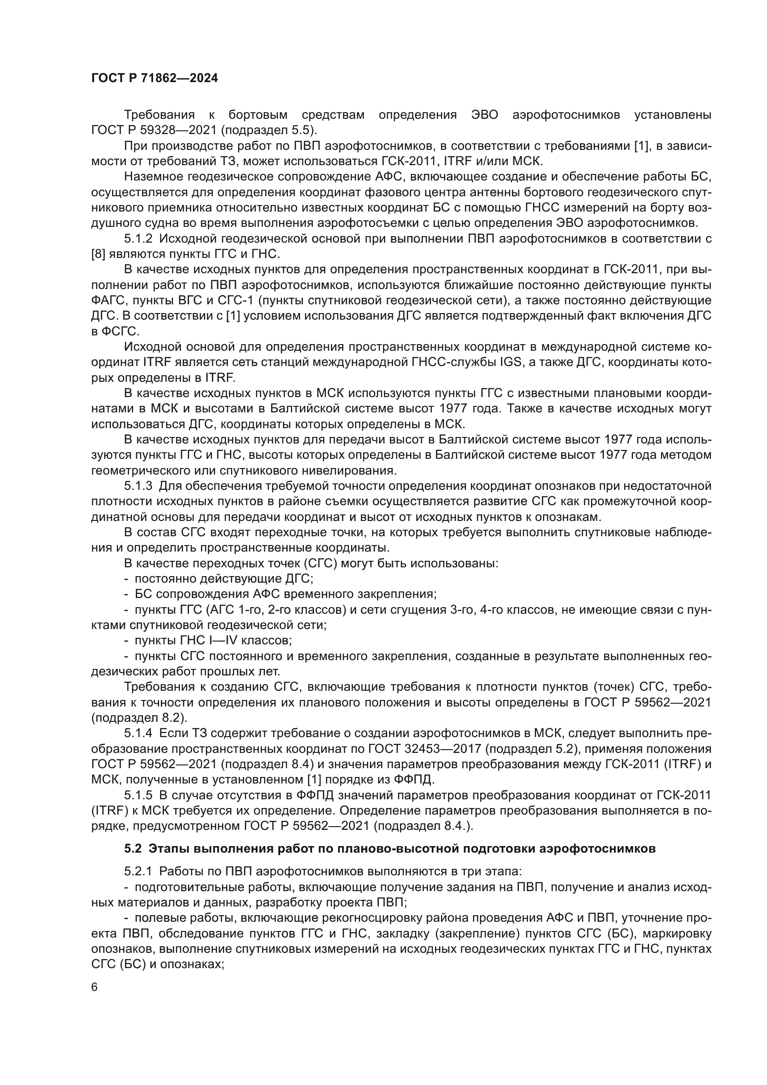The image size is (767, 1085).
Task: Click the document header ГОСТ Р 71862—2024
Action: tap(154, 78)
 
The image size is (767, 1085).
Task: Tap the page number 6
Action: tap(95, 987)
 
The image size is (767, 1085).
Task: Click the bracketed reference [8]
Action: tap(98, 254)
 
